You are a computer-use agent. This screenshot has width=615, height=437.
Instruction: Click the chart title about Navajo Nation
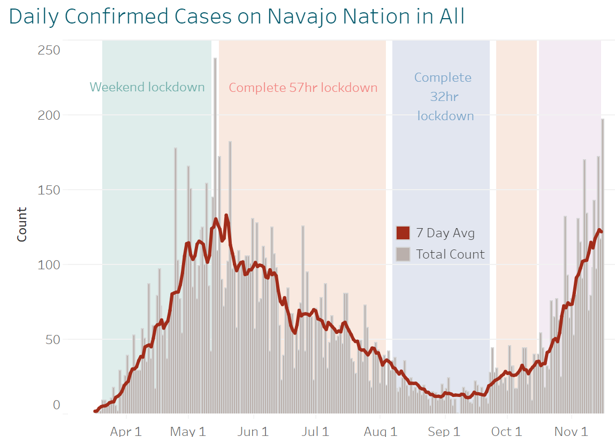[x=237, y=17]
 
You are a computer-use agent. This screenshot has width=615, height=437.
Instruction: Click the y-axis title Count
[x=22, y=224]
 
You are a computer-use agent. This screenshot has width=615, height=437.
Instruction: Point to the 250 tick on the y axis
[x=49, y=50]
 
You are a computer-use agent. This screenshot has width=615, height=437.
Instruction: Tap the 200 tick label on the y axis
[x=49, y=115]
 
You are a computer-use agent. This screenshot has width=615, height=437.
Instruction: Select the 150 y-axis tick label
[x=49, y=190]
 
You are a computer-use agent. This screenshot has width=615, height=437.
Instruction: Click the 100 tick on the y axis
[x=49, y=264]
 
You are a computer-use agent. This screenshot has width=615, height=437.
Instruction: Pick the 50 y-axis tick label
[x=52, y=339]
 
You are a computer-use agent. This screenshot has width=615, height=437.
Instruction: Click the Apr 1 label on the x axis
[x=126, y=431]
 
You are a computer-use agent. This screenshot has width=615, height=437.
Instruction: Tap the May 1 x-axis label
[x=188, y=431]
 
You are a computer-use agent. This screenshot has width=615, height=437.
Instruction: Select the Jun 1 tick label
[x=252, y=431]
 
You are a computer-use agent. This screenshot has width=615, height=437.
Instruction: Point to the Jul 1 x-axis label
[x=315, y=431]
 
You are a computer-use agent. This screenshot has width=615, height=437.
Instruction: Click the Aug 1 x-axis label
[x=380, y=431]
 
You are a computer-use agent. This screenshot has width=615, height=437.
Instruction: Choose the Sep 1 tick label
[x=444, y=431]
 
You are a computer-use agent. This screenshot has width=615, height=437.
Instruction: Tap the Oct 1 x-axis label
[x=506, y=431]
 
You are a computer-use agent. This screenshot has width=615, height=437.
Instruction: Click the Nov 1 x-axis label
[x=571, y=431]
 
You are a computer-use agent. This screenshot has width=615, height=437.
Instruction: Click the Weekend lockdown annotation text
[x=147, y=87]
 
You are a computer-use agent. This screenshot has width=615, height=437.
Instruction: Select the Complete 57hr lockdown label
[x=303, y=88]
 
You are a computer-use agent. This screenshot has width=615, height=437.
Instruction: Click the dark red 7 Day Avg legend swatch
[x=403, y=233]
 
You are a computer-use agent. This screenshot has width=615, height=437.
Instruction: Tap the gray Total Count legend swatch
[x=403, y=254]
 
